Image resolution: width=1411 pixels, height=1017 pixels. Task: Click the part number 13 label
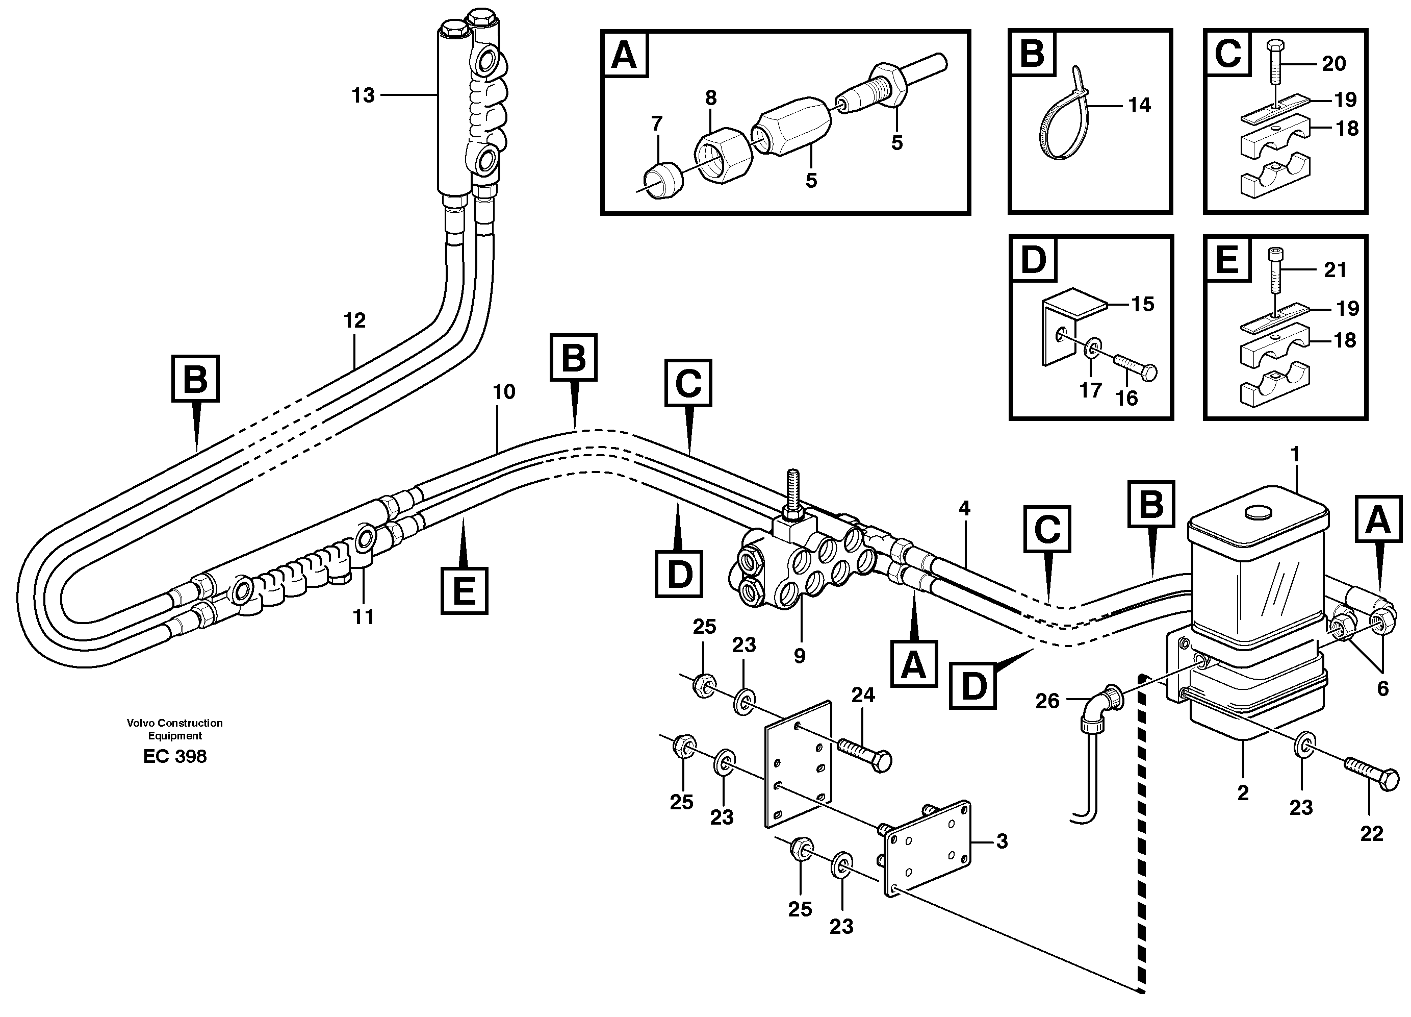coord(363,96)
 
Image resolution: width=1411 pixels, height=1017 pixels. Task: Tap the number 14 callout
coord(1139,105)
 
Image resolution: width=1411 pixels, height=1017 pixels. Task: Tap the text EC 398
coord(175,756)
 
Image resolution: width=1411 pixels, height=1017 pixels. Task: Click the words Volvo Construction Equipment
coord(175,729)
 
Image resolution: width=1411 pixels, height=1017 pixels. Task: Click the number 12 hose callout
coord(354,321)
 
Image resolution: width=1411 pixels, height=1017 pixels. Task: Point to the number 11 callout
coord(363,617)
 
